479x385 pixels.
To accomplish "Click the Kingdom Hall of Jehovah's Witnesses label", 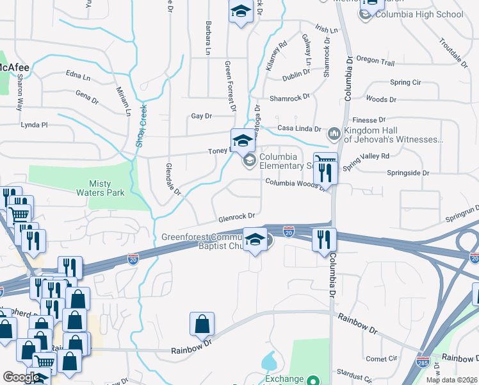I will pos(393,134).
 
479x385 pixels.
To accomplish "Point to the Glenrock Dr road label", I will pos(237,217).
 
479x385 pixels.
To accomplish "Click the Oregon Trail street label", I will pos(375,62).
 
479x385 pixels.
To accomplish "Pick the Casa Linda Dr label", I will pos(299,128).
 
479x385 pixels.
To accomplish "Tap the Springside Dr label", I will pos(407,173).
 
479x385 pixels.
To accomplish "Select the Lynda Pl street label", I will pos(35,124).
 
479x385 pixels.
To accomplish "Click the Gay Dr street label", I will pos(201,116).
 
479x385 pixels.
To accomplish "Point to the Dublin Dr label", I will pos(295,75).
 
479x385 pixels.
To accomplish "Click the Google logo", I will pos(21,377).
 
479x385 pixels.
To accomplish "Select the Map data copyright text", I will pos(452,380).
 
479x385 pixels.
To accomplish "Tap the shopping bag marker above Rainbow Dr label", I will pos(202,325).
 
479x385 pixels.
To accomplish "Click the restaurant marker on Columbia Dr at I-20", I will pos(324,239).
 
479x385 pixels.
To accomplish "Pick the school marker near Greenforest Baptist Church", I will pos(256,239).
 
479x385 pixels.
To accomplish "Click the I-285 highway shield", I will pos(423,362).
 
